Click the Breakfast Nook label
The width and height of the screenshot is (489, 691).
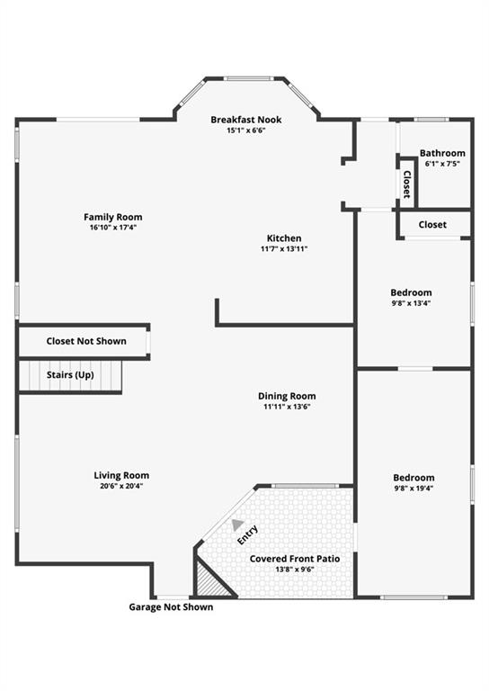click(x=246, y=120)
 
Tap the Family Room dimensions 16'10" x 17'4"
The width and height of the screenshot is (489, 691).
click(x=113, y=228)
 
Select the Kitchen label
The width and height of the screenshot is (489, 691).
click(x=284, y=238)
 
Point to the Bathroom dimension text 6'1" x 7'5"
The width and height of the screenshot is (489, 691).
click(x=442, y=164)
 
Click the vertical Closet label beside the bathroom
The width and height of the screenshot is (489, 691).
click(x=406, y=184)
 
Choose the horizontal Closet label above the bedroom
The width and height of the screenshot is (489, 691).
click(x=432, y=225)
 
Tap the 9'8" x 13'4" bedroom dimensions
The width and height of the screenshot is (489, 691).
click(x=411, y=303)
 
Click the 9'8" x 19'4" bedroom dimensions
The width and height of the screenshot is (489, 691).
click(x=413, y=489)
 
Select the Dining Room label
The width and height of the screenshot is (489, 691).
click(x=287, y=396)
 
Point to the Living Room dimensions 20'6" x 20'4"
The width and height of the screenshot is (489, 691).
click(x=121, y=486)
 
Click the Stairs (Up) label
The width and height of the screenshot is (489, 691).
click(x=70, y=375)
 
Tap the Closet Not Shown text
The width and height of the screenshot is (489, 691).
click(x=86, y=341)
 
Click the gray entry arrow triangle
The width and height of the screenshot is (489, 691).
click(x=237, y=524)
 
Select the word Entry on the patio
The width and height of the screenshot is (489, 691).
click(x=247, y=535)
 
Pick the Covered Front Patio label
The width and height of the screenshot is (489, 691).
click(x=295, y=559)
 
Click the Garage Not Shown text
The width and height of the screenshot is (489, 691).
click(x=171, y=606)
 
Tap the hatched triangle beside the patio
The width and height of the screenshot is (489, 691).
click(x=210, y=582)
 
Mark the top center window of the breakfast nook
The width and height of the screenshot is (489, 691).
click(x=248, y=78)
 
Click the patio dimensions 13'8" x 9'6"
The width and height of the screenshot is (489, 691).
click(x=295, y=570)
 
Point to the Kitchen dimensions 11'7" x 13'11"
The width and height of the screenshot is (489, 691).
click(x=284, y=248)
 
